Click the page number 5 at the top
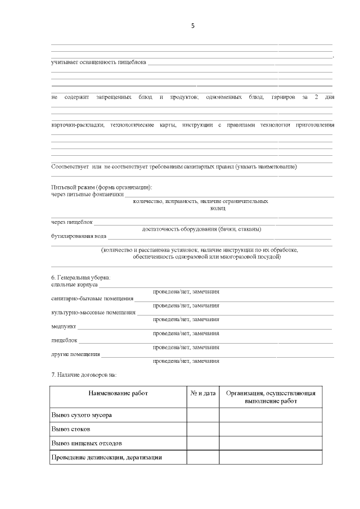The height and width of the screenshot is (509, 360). point(193,26)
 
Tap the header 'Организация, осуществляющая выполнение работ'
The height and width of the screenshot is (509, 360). point(271,397)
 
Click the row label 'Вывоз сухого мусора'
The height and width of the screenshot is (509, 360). point(82,415)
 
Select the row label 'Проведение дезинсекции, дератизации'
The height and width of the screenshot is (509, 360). point(106,457)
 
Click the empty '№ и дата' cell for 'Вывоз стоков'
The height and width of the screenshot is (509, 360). point(203,429)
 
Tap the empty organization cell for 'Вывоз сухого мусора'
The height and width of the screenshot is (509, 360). point(271,415)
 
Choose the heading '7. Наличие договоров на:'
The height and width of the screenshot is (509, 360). point(84,375)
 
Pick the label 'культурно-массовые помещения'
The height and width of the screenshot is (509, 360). point(93,312)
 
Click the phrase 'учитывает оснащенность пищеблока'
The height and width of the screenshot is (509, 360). point(98,62)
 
